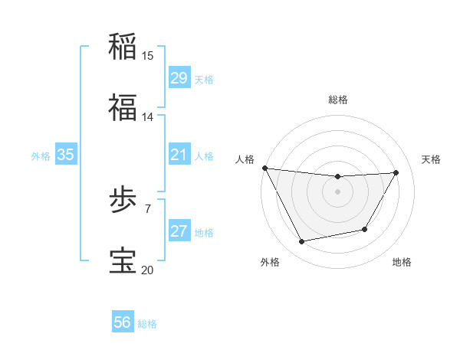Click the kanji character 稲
click(123, 45)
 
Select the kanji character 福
click(123, 107)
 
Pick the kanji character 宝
click(123, 260)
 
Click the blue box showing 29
click(179, 78)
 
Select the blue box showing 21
click(179, 155)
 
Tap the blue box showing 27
click(179, 231)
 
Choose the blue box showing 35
click(66, 155)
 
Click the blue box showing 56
click(123, 323)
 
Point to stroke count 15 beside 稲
click(148, 55)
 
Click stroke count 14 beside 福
click(148, 117)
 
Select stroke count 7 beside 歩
click(148, 207)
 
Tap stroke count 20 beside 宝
click(148, 270)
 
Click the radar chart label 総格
click(338, 100)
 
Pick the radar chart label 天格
click(432, 159)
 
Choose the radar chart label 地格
click(402, 262)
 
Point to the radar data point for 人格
click(265, 168)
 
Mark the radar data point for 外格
click(301, 242)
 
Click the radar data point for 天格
click(396, 172)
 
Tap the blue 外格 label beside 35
click(41, 155)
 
